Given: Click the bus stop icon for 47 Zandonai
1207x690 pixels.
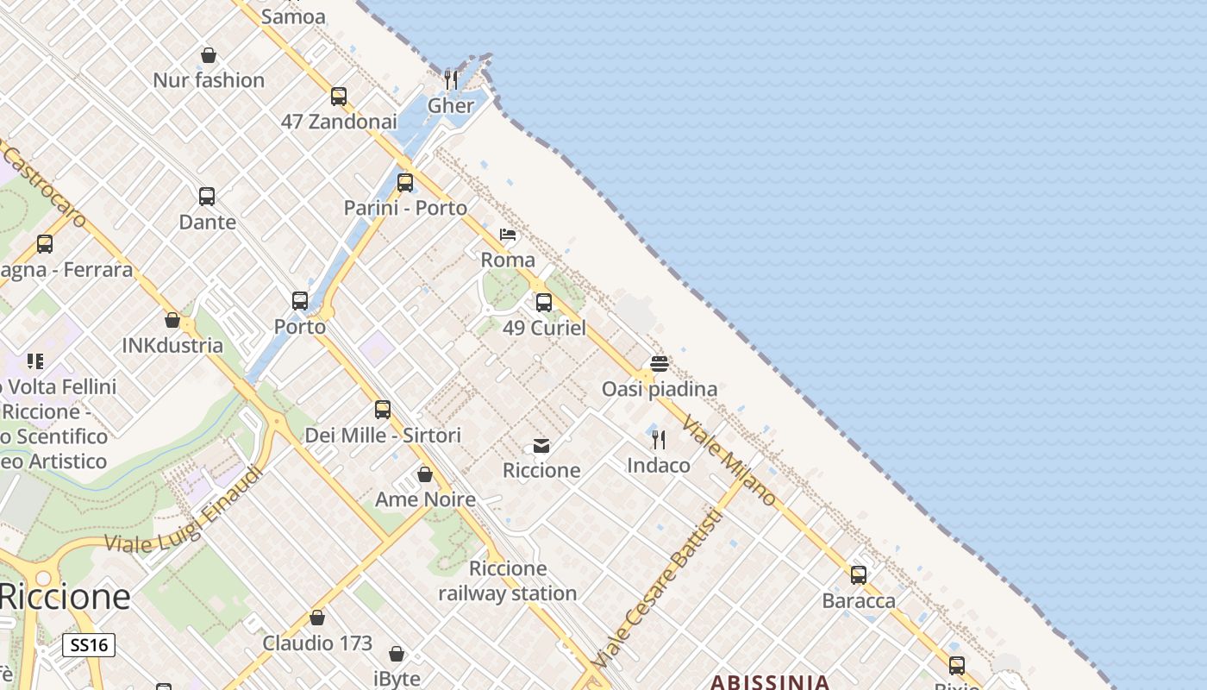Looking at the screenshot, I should point(339,96).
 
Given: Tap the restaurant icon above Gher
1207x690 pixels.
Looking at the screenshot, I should point(451,79).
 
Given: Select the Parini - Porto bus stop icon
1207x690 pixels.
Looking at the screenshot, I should point(405,182).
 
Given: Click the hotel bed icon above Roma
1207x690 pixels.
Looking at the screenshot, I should point(508,234).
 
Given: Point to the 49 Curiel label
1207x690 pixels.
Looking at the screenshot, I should point(544,328).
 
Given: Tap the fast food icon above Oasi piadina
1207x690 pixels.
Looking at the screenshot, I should point(660,363).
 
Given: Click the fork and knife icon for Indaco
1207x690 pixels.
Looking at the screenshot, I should point(659,440).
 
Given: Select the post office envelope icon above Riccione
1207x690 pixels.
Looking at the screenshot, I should point(541,445).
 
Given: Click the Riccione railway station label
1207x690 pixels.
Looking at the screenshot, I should point(508,580).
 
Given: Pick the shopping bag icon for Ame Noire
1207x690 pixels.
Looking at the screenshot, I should point(425,474).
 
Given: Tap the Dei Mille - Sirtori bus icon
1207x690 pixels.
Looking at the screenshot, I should point(383,409).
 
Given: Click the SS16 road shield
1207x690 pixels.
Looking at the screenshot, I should point(89,645).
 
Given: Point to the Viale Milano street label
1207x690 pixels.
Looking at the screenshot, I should point(729,461).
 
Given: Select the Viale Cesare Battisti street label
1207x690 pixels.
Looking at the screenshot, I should point(657,589).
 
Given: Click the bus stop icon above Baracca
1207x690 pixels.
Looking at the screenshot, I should point(859,574).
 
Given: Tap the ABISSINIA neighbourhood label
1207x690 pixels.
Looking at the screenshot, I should point(770,682).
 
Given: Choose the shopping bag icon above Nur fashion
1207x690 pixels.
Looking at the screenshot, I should point(209,55).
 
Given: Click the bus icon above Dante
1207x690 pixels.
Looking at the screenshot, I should point(207,196).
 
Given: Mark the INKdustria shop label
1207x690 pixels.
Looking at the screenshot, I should point(172,346).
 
